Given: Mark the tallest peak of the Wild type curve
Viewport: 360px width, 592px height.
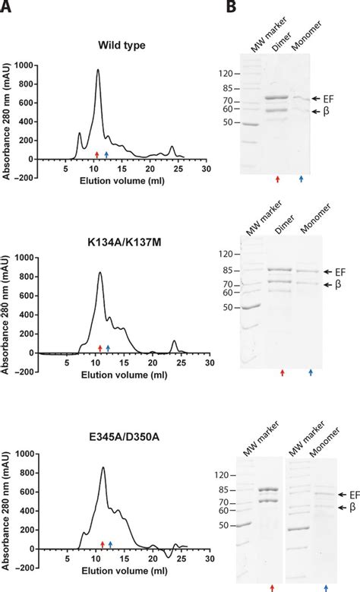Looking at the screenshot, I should point(98,71).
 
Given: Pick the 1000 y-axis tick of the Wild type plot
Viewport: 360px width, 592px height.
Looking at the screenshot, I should point(26,66).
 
